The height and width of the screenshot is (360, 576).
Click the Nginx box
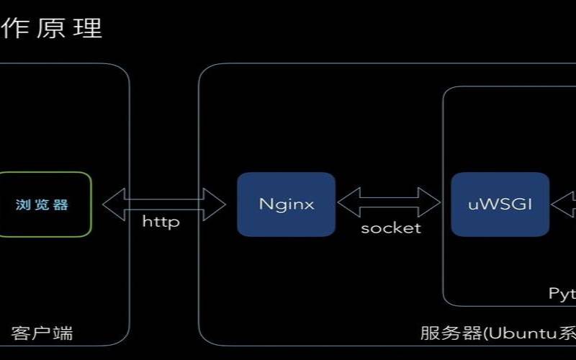pos(286,204)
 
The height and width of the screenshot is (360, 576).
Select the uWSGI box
pos(500,204)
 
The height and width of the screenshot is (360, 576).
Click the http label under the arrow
pos(161,222)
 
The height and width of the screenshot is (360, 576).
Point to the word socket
pos(390,228)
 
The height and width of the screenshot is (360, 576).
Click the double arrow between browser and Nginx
pos(163,204)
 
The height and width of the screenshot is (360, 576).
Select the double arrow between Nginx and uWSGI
pos(389,203)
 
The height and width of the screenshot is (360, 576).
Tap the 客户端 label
pos(42,333)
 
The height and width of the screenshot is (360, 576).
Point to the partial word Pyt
pos(562,293)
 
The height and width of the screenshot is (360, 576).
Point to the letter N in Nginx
pos(264,204)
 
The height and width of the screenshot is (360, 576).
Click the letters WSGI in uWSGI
pos(505,204)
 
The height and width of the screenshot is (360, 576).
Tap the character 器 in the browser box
pos(61,204)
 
